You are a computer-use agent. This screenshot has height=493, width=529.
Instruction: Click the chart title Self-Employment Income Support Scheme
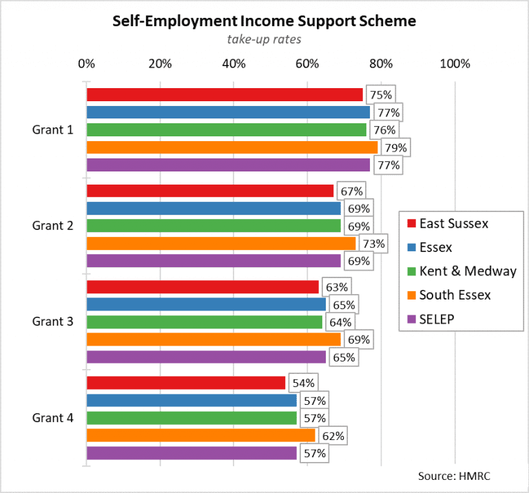coord(264,21)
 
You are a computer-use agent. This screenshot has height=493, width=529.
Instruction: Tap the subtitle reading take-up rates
coord(264,39)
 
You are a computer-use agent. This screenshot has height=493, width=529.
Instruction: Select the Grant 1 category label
coord(52,129)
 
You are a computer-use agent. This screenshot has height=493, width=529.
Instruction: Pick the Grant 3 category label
coord(52,322)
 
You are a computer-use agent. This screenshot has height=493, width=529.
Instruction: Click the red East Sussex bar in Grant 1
coord(224,94)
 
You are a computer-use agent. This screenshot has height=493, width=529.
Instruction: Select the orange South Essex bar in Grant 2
coord(220,243)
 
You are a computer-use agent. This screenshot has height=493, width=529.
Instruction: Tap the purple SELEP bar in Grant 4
coord(191,453)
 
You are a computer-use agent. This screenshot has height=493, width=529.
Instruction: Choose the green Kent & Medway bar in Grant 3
coord(204,322)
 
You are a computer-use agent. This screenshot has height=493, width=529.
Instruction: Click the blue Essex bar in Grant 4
coord(191,400)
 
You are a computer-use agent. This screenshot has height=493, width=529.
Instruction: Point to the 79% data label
coord(397,147)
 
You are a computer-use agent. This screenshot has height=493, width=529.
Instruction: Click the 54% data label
coord(304,383)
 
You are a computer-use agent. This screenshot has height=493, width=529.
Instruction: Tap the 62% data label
coord(333,436)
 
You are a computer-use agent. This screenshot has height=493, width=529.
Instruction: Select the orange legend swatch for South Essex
coord(411,295)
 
